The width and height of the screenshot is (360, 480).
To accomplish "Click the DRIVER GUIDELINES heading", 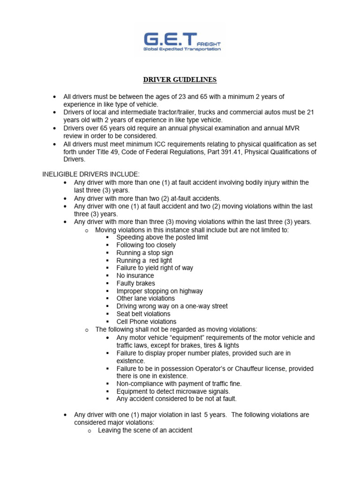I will pos(180,80).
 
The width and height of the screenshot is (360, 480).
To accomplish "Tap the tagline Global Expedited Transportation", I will pos(182,48).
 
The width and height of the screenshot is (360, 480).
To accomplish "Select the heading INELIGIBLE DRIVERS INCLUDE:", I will pos(91,174).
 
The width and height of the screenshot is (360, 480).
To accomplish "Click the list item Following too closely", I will pos(146,245).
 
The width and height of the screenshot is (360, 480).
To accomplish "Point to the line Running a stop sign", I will pos(143,253).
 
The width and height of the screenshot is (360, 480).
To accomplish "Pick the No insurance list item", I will pos(135,276).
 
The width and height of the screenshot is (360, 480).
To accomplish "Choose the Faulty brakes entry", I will pos(135,283).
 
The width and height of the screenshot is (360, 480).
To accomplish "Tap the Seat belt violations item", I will pos(143,314).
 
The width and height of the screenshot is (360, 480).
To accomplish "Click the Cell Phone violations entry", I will pos(146,322).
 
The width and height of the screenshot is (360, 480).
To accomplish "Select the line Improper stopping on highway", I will pos(159,291).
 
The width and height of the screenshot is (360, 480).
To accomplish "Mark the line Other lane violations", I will pos(145,298).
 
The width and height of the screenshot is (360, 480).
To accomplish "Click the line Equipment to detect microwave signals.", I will pos(173,391).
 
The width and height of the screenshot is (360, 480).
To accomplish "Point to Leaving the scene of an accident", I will pos(145,430).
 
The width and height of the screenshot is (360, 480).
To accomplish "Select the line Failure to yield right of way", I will pos(155,268).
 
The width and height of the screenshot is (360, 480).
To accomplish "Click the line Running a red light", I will pos(144,260).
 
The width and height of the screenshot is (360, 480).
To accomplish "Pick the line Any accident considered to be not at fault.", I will pos(176,398).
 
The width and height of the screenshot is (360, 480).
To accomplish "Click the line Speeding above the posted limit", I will pos(162,237).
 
